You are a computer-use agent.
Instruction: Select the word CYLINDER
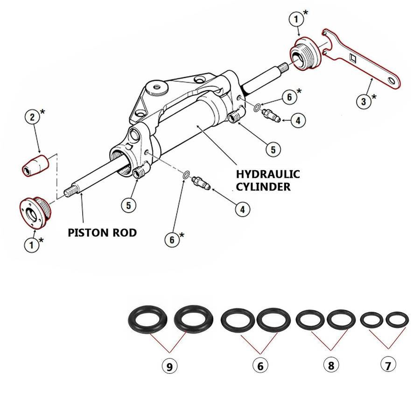264,187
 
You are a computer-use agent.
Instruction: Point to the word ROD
124,232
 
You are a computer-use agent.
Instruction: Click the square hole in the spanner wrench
354,59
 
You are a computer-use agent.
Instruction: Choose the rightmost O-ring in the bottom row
398,320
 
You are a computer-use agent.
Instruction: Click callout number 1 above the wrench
296,20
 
